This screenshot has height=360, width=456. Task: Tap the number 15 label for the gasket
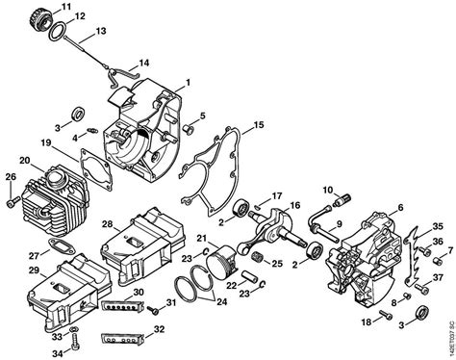point(257,125)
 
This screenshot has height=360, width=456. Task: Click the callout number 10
point(330,189)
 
